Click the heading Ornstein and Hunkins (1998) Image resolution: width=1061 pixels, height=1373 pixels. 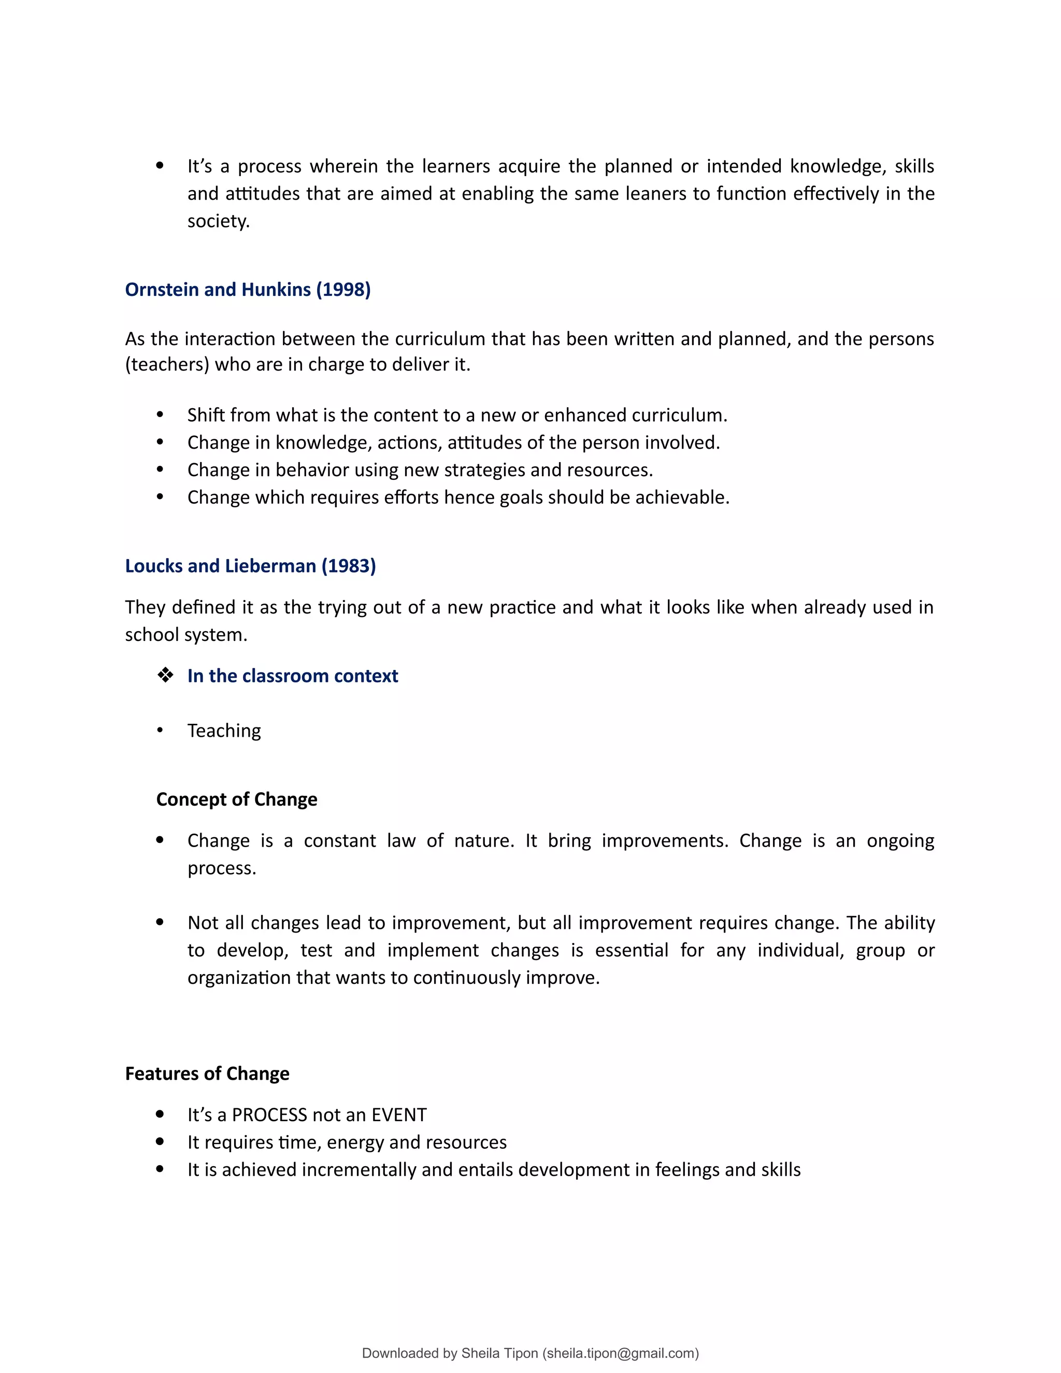pos(248,289)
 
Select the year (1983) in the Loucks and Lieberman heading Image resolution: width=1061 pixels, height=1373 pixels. pos(349,566)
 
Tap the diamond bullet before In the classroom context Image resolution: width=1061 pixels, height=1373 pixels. pos(165,675)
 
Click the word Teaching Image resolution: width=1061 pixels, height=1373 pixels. pos(224,731)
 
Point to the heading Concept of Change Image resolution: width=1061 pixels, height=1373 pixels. pos(236,799)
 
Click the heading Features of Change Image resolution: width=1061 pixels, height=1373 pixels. pos(207,1073)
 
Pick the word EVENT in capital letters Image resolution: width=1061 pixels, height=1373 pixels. pos(398,1114)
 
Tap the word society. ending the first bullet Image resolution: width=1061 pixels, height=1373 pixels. pos(218,221)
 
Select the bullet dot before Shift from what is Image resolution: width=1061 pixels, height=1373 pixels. pos(160,415)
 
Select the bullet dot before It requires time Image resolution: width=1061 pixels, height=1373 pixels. pos(160,1141)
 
